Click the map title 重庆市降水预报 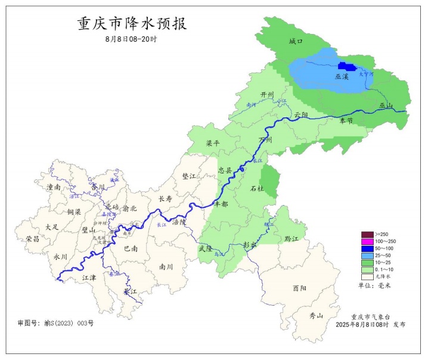tap(132, 24)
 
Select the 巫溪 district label tap(342, 77)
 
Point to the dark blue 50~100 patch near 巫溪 tap(346, 67)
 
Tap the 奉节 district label tap(346, 120)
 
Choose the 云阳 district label tap(301, 114)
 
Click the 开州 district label tap(267, 95)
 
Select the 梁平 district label tap(213, 144)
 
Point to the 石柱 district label tap(257, 188)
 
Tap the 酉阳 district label tap(299, 288)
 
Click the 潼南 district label tap(54, 187)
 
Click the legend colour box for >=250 tap(367, 234)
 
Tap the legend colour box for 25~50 tap(367, 255)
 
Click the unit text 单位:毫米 tap(374, 285)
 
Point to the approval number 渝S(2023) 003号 tap(56, 322)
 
